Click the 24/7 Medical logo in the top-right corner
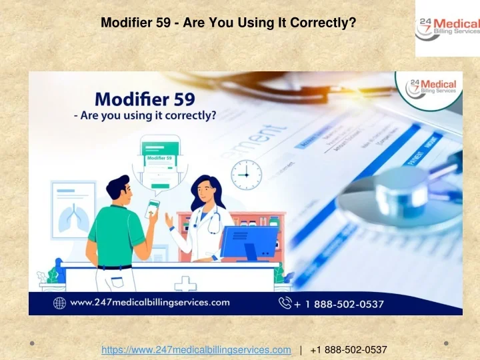(447, 28)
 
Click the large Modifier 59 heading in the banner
(145, 99)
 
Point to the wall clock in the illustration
(246, 175)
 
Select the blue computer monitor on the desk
(249, 242)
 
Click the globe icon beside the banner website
(59, 303)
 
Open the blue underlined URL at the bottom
(196, 350)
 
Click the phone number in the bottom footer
(349, 350)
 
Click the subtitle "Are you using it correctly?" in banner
(145, 116)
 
